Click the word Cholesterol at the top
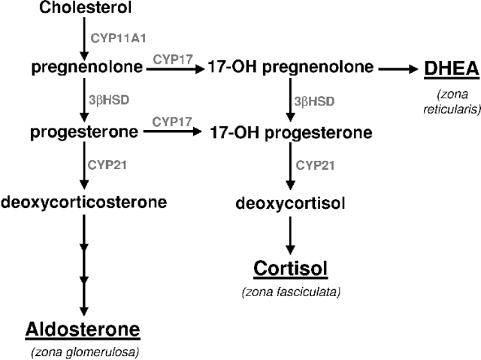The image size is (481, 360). tap(83, 9)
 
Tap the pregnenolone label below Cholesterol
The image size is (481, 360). tap(87, 68)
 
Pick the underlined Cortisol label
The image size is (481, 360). tap(292, 268)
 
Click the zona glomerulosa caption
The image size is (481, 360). tap(83, 352)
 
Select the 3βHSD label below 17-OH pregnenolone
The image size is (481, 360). tap(310, 100)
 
